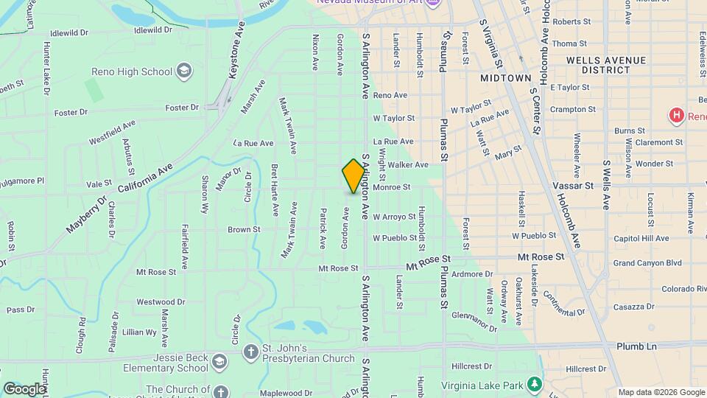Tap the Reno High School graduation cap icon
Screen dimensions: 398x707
tap(183, 71)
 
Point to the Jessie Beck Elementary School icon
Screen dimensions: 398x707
tap(219, 361)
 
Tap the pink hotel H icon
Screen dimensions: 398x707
tap(675, 116)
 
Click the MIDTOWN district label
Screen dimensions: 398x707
tap(505, 77)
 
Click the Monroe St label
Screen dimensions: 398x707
tap(391, 187)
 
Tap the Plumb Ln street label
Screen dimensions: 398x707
tap(636, 346)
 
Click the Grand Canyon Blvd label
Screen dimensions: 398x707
tap(647, 262)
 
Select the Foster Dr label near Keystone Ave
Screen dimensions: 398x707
tap(182, 108)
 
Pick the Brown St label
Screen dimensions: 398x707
tap(244, 229)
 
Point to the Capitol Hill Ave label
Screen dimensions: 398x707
tap(641, 238)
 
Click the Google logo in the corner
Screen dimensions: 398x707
tap(24, 388)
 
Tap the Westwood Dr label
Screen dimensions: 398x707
tap(160, 301)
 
